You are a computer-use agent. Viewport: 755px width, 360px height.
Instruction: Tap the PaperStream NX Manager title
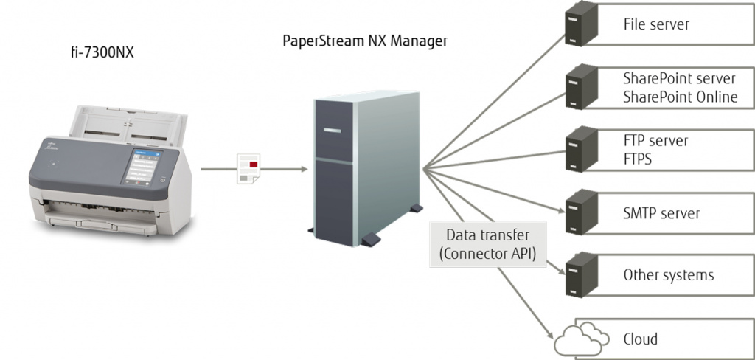[x=365, y=41]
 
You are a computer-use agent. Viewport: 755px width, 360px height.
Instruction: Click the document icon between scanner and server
[x=248, y=169]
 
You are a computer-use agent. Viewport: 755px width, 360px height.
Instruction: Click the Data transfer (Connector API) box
[x=487, y=245]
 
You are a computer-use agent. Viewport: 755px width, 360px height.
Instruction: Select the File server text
[x=656, y=24]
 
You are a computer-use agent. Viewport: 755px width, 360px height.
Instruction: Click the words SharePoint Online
[x=680, y=97]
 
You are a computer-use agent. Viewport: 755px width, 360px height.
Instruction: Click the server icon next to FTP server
[x=579, y=150]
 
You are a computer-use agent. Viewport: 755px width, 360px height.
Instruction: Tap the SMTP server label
[x=661, y=213]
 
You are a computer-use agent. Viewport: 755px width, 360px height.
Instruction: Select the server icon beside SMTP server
[x=579, y=212]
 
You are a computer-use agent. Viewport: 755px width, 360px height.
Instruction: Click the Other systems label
[x=668, y=275]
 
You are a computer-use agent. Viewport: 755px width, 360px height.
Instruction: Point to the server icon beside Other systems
[x=579, y=274]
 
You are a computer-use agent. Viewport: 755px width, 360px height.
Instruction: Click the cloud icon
[x=582, y=338]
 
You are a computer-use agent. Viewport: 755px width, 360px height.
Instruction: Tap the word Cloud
[x=640, y=339]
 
